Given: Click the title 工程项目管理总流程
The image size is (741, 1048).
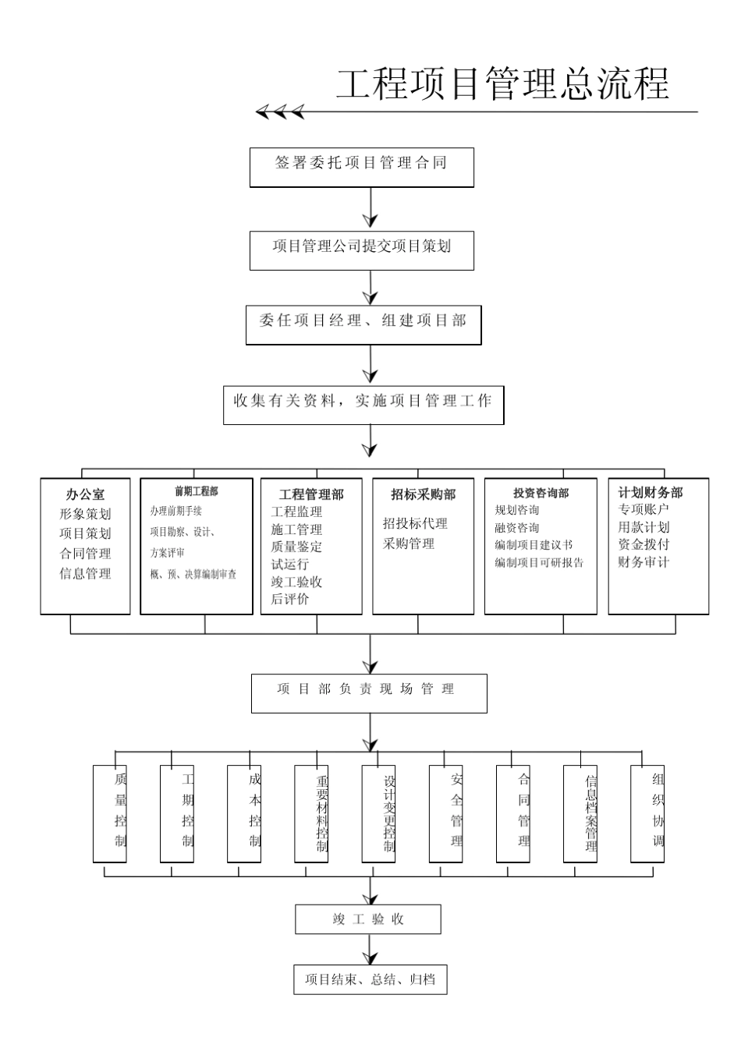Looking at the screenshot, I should [502, 83].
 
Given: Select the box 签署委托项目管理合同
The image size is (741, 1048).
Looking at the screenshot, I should [361, 167].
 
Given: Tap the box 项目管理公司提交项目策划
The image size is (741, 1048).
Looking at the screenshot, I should [361, 250].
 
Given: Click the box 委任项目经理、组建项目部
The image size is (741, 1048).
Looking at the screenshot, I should [363, 324].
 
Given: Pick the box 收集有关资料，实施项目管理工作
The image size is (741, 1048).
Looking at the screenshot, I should [363, 404].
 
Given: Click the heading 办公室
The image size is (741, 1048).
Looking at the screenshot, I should [85, 494].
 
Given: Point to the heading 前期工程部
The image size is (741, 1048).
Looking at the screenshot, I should [196, 491].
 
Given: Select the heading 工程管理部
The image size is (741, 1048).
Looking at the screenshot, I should [310, 494].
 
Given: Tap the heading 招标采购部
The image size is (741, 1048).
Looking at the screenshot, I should [423, 494].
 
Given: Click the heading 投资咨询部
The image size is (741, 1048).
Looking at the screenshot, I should [541, 493].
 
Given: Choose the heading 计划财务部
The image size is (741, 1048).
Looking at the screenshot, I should [650, 493].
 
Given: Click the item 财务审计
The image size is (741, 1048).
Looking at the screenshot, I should [643, 562].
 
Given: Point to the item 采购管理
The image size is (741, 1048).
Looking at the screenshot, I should [408, 543].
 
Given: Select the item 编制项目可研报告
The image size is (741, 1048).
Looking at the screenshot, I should [539, 562].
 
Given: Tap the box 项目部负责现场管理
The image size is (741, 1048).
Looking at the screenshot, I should [368, 692].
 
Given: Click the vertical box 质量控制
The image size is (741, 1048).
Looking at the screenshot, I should [110, 813].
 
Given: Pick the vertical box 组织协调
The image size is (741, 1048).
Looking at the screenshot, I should [647, 813].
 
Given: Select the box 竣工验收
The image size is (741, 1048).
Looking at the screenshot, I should [367, 919].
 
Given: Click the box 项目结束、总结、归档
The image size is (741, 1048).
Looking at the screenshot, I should [370, 979].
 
